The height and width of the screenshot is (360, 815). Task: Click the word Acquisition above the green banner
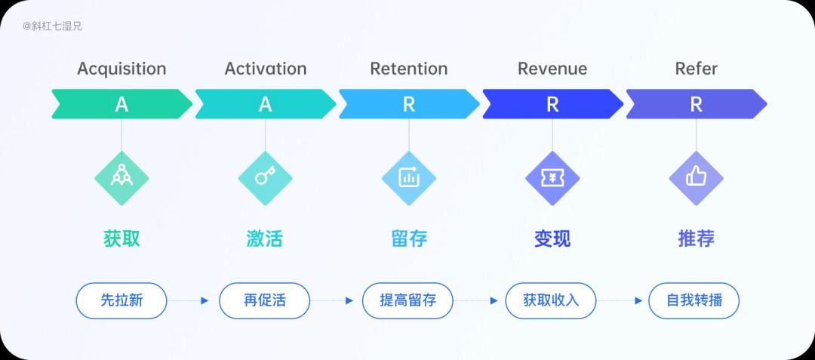121,69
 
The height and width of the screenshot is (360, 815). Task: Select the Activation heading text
265,69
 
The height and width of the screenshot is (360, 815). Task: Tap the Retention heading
408,69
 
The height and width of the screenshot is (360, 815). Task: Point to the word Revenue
552,69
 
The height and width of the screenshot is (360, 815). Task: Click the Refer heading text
696,69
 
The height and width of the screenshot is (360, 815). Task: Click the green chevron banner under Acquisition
121,104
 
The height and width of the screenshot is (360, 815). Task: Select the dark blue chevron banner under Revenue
552,104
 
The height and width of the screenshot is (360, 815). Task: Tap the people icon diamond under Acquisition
121,178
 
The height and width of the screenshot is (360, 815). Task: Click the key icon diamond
265,178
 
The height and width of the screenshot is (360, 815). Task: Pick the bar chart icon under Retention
408,178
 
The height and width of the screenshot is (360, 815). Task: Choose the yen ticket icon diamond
552,178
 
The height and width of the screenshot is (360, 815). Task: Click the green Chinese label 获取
121,238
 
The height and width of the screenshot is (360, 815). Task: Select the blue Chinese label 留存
408,238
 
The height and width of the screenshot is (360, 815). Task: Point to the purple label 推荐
696,238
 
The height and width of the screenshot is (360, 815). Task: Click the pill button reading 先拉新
121,301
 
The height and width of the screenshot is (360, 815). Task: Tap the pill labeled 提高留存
408,301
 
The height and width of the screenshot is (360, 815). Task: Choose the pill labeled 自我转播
694,301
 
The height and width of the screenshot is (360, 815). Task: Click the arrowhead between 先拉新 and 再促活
205,301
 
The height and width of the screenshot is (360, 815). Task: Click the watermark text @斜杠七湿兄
52,26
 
